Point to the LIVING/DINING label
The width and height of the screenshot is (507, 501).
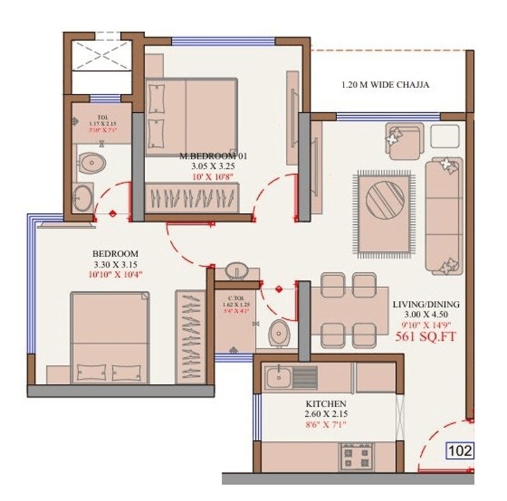pos(425,304)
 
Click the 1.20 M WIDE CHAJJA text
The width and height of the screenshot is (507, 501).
pos(380,85)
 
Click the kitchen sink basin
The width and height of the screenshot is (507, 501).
pos(278,378)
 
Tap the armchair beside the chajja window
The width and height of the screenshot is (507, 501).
pos(402,141)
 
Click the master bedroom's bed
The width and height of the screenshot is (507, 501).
pos(191,117)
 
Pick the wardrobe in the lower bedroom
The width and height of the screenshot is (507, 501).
pos(190,336)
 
